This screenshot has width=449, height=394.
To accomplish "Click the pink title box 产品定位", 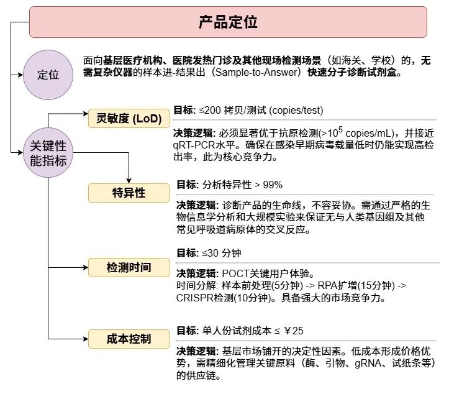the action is tap(228, 22).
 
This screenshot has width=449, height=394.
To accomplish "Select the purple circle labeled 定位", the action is tap(48, 75).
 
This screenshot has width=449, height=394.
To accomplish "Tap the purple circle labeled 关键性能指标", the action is tap(48, 152).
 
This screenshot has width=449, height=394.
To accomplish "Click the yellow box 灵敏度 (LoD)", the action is tap(129, 118).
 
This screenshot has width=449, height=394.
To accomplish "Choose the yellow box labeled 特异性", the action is tap(129, 193).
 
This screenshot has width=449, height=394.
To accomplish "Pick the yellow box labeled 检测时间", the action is tap(129, 267).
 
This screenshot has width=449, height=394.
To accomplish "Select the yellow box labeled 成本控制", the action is tap(129, 339).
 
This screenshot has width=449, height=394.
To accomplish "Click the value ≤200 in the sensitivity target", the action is tap(210, 111).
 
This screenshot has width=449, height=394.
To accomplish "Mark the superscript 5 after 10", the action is tap(340, 129).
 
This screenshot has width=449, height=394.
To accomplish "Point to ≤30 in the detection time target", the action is tap(211, 253).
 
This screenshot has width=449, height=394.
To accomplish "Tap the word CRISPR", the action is tap(195, 298).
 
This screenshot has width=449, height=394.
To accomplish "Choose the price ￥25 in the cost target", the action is tap(294, 331).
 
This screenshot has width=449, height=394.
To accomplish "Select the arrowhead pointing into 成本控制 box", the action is tap(86, 339).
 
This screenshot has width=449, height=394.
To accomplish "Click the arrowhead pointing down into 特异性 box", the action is tap(129, 181).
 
